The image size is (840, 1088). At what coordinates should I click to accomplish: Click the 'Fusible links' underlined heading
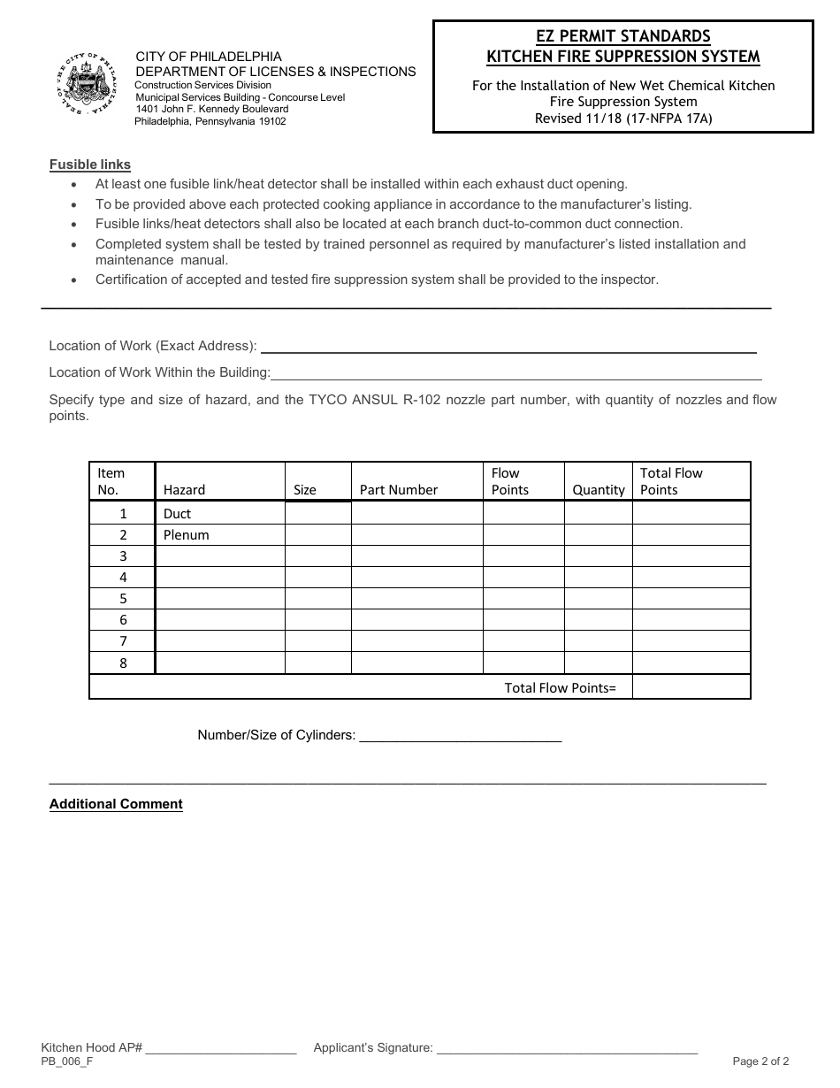89,165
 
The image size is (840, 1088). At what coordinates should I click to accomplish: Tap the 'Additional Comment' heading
116,804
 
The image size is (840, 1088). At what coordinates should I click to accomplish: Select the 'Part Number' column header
399,490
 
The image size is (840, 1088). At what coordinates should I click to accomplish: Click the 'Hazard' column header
184,490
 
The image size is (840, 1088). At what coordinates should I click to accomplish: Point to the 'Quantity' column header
599,490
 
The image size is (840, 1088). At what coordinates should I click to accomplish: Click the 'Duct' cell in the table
177,514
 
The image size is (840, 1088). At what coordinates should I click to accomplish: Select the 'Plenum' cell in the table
186,535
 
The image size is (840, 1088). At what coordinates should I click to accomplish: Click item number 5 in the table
123,599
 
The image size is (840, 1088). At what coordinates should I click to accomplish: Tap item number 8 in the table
123,663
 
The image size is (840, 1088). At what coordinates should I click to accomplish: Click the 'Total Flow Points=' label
560,687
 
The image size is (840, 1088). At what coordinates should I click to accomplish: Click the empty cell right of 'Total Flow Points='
691,687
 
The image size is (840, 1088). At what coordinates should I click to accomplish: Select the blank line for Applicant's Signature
567,1049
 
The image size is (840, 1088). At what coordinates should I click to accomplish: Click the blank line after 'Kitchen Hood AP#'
220,1049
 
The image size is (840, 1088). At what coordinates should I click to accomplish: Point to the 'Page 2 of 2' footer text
760,1061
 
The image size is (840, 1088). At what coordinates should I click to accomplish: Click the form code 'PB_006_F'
66,1061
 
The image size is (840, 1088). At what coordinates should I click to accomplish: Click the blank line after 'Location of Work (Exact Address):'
508,347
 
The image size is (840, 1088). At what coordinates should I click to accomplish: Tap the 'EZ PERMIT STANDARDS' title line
622,36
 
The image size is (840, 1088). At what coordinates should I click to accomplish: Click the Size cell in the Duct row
317,514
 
